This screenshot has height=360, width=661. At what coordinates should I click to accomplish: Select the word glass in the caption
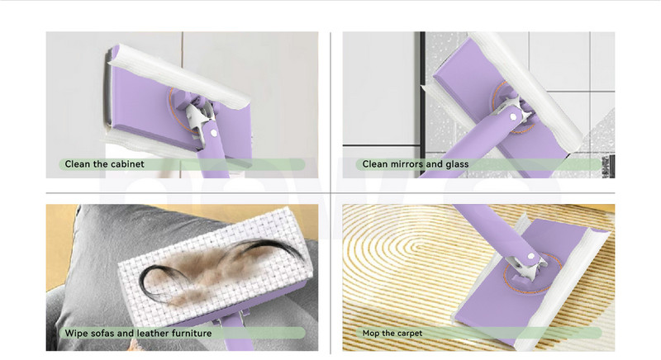[457, 164]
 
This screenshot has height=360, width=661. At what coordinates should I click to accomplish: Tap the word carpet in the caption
[409, 334]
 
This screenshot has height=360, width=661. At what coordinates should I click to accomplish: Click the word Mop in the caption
[371, 333]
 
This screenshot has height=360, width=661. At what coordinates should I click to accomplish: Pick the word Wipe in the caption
[75, 333]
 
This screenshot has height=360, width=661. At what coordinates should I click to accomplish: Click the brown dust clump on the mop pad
[219, 269]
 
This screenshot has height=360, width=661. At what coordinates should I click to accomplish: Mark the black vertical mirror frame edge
[422, 104]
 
